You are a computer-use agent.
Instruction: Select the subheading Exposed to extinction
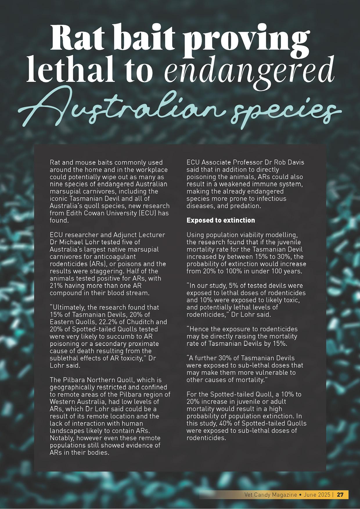click(221, 220)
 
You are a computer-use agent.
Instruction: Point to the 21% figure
click(56, 286)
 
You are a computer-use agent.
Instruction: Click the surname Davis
click(296, 162)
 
